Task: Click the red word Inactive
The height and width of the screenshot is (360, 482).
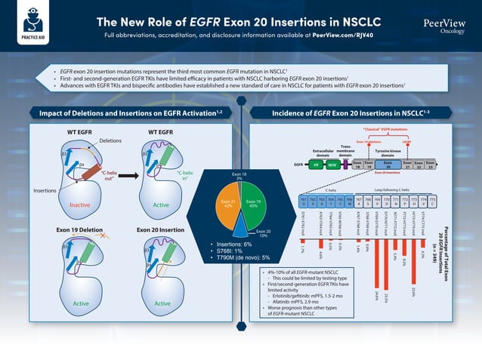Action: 79,205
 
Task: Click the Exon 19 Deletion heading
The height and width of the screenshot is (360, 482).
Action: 79,228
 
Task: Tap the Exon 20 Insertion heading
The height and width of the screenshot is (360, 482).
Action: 161,228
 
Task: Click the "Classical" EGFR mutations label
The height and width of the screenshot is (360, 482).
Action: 385,130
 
